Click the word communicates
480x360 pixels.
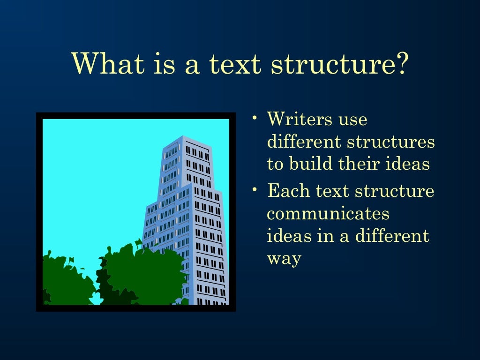(x=328, y=214)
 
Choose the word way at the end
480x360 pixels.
(x=284, y=259)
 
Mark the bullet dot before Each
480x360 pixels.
(x=254, y=189)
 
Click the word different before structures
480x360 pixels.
(x=303, y=142)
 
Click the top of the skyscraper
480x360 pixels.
(x=182, y=139)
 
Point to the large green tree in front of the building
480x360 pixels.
(x=141, y=274)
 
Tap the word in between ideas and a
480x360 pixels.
(x=324, y=236)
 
